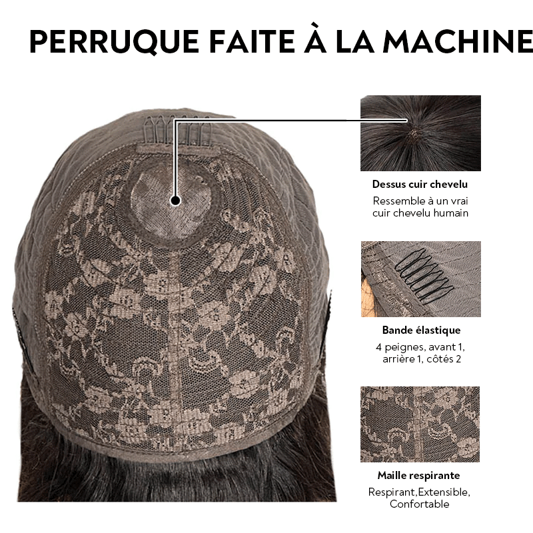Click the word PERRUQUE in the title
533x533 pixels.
point(114,42)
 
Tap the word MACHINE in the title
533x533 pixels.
point(458,42)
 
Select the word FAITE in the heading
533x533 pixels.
point(252,42)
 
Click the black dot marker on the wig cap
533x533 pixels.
point(175,201)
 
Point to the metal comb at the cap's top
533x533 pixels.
point(177,130)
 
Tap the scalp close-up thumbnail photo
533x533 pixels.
point(420,133)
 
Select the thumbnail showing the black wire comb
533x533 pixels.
point(421,279)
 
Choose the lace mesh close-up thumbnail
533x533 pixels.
point(420,424)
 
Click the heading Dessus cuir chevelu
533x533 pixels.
point(420,185)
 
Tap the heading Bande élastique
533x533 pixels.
point(421,330)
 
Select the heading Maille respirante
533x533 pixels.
point(419,475)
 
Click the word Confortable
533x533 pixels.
point(420,504)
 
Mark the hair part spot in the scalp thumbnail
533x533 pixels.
point(413,133)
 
